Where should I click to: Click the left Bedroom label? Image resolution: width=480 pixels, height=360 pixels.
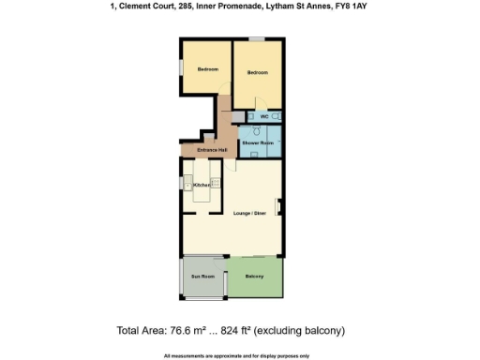(x=207, y=70)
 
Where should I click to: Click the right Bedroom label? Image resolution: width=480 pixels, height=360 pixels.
(x=257, y=73)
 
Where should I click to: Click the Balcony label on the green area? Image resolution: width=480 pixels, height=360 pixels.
(x=254, y=277)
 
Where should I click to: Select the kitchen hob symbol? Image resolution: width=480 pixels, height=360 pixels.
(x=217, y=184)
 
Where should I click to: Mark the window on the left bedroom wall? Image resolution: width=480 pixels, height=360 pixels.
(x=181, y=67)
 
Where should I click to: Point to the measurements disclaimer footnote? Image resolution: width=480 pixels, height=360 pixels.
(x=239, y=355)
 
